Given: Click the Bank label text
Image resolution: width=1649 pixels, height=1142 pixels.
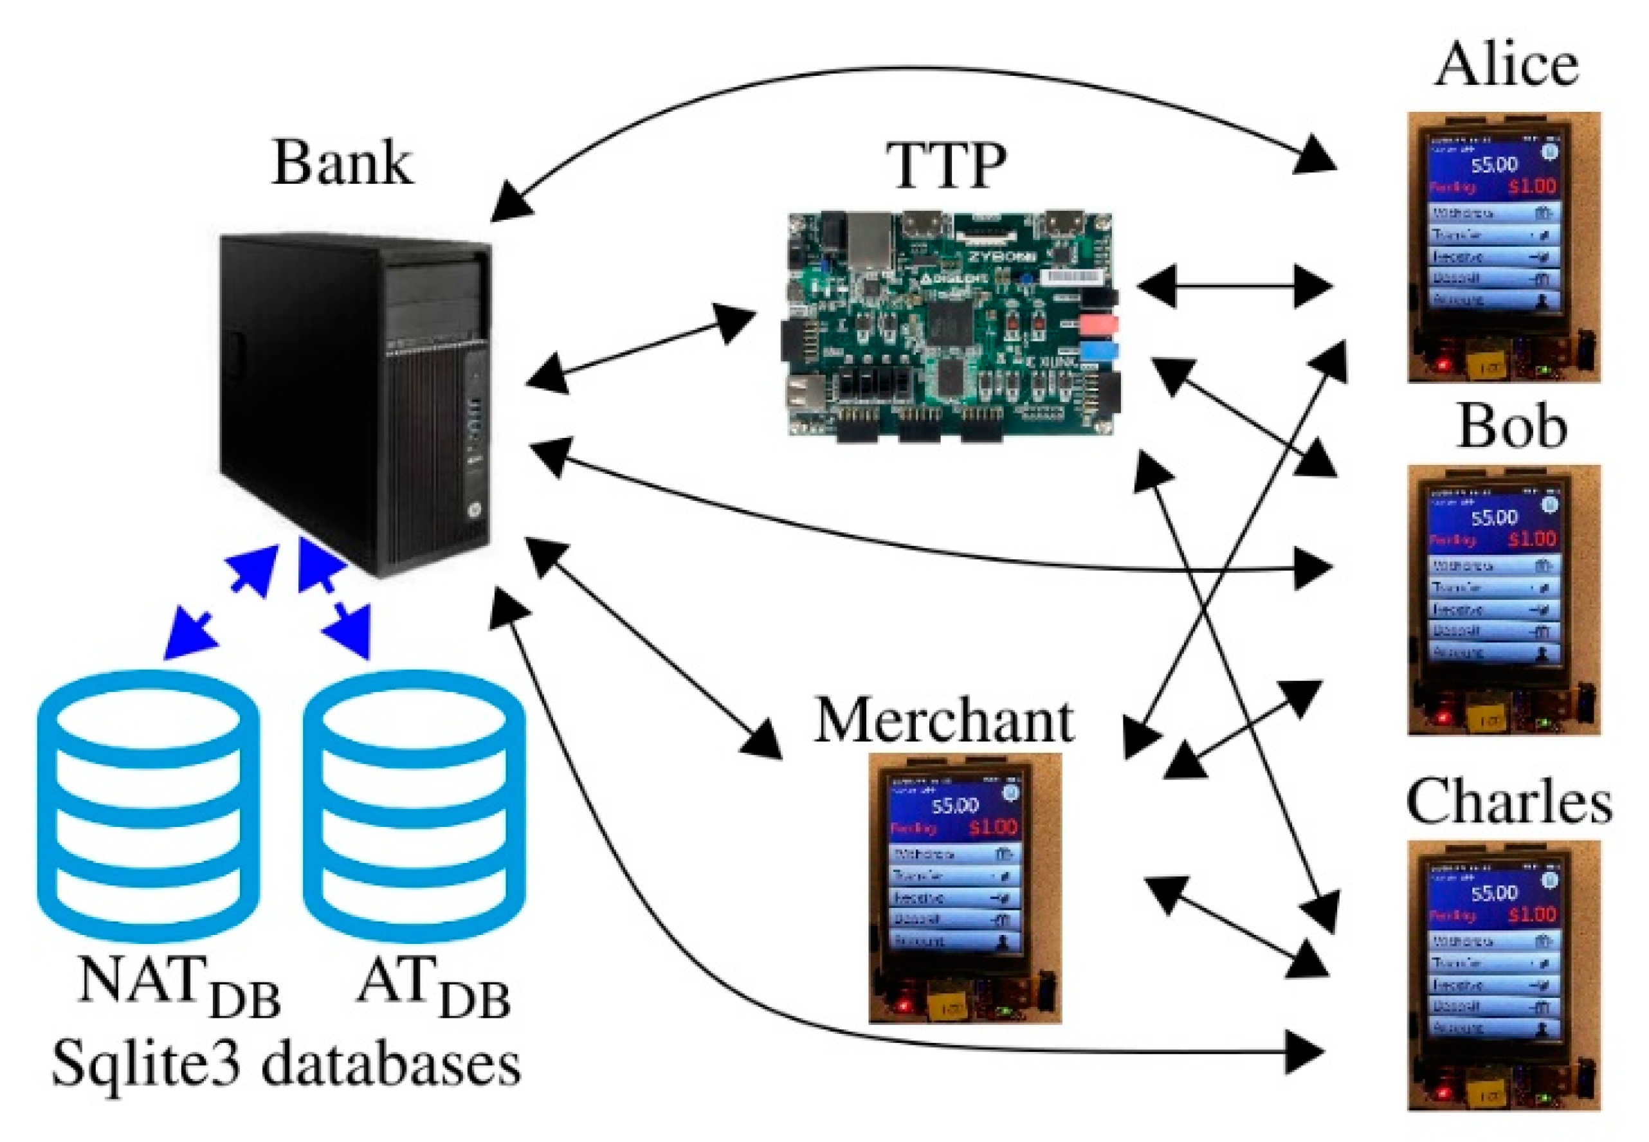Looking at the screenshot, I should click(342, 163).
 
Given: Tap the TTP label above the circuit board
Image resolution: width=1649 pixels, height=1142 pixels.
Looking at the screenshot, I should click(945, 166).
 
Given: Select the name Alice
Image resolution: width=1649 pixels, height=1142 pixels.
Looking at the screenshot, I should click(1506, 66).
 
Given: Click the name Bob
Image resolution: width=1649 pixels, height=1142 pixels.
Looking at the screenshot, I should click(1511, 427).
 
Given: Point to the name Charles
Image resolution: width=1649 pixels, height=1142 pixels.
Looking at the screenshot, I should click(1509, 802).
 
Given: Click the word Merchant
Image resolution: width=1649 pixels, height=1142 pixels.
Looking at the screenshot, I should click(943, 721).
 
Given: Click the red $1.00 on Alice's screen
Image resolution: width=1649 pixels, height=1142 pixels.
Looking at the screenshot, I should click(1531, 188).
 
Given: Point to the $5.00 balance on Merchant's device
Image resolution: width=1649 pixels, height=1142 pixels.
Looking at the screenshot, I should click(955, 806).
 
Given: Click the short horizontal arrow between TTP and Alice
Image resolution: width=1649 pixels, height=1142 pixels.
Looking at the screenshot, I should click(1234, 287).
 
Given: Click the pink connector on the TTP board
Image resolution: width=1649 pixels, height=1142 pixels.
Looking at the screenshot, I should click(1098, 324).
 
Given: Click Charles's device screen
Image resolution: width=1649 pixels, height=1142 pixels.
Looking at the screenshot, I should click(1494, 947).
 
